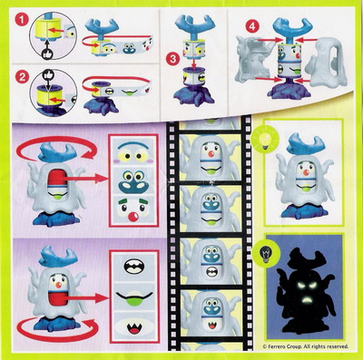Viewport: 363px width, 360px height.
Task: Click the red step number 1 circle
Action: (22, 20)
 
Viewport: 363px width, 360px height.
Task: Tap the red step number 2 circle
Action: (23, 77)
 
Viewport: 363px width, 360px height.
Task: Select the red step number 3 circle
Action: (172, 59)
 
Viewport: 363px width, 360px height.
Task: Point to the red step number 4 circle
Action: (252, 26)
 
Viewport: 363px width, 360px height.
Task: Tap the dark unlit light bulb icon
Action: (266, 254)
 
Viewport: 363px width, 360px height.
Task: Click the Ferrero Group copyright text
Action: (306, 346)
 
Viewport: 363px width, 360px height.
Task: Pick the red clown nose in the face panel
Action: (133, 217)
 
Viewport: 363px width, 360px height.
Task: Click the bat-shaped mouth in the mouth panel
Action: (134, 267)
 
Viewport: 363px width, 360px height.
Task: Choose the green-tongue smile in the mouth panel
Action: (133, 297)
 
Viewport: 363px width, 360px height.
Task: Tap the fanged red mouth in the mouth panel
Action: (133, 328)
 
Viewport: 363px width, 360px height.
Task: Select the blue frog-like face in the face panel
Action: (133, 182)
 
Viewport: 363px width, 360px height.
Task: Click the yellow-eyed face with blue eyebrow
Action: (133, 152)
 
